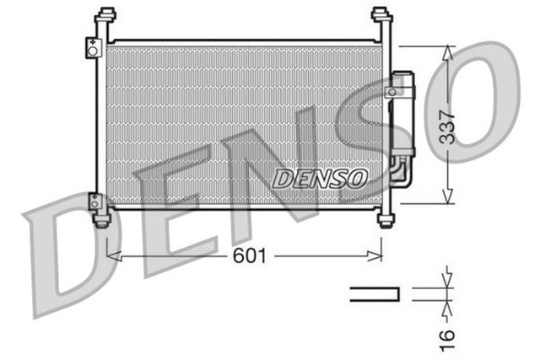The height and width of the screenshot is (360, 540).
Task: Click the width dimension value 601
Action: [250, 255]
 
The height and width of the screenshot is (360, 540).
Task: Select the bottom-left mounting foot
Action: [102, 221]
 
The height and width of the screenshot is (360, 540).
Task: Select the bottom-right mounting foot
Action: [386, 221]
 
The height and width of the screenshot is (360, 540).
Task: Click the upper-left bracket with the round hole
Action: [91, 48]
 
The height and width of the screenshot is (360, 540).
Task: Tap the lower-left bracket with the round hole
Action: [94, 201]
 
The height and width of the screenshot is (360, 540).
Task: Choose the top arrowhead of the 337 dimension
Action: [447, 51]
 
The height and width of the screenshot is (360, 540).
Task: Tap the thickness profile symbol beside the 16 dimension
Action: [374, 293]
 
